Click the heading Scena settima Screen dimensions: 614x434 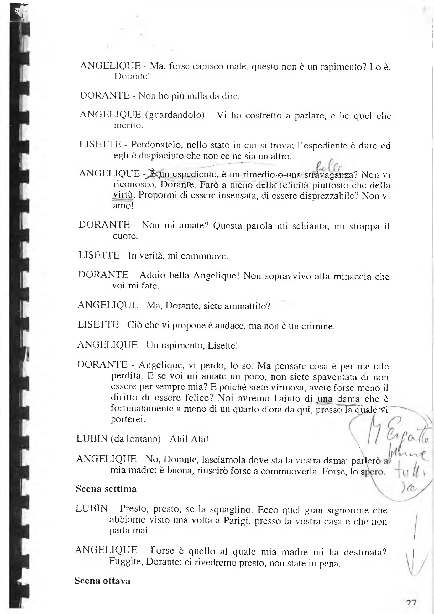point(106,489)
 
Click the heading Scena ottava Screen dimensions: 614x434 point(102,581)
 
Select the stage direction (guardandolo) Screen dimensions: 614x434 point(175,115)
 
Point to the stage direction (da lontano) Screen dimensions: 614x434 point(135,439)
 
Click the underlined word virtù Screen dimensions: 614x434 point(123,195)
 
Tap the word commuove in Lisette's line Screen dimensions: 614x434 point(204,256)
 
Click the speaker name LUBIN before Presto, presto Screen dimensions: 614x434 point(92,508)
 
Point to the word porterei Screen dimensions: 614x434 point(128,419)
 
